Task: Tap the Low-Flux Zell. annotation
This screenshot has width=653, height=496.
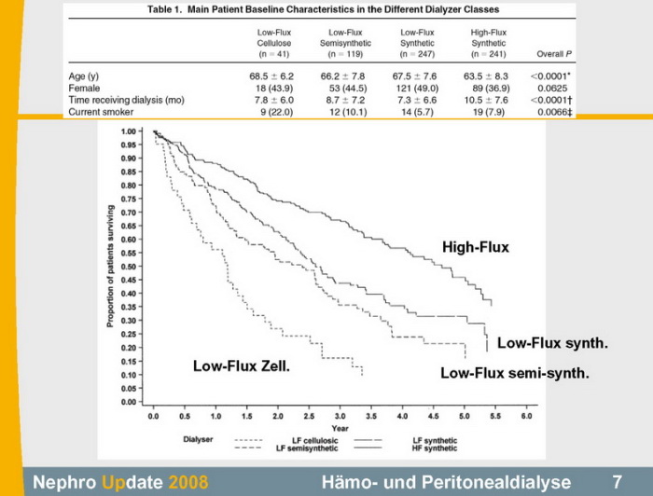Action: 242,366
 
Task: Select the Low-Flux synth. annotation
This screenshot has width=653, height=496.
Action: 552,344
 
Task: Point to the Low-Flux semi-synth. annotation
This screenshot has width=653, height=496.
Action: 514,374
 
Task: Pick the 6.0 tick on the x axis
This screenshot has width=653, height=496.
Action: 526,418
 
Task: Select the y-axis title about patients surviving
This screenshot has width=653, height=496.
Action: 111,265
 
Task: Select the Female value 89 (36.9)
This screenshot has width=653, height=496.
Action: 477,89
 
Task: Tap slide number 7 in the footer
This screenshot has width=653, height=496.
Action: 618,482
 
